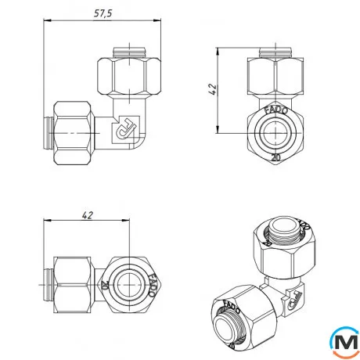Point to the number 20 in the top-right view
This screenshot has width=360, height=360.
click(275, 156)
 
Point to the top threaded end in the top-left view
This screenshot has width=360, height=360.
click(130, 52)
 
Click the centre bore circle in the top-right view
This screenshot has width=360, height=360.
click(275, 134)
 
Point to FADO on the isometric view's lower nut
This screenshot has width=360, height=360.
click(232, 302)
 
